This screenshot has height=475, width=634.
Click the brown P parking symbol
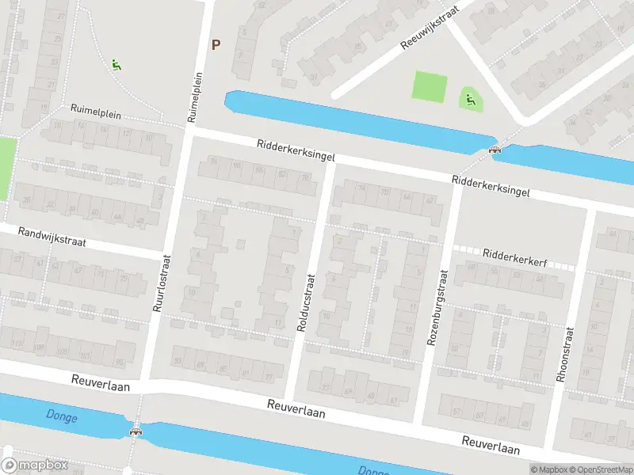click(216, 45)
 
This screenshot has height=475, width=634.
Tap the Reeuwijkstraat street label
click(430, 31)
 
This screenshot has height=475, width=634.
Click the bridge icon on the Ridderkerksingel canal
click(496, 150)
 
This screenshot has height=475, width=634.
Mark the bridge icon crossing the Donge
click(136, 431)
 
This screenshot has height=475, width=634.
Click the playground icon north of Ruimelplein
click(116, 65)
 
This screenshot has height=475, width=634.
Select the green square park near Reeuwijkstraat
click(429, 85)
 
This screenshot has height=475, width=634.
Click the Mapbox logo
click(35, 465)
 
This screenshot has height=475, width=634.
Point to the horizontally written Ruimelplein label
click(95, 112)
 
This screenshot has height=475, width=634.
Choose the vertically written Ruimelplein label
click(193, 97)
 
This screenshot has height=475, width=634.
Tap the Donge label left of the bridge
click(62, 416)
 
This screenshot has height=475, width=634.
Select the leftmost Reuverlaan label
click(99, 382)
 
